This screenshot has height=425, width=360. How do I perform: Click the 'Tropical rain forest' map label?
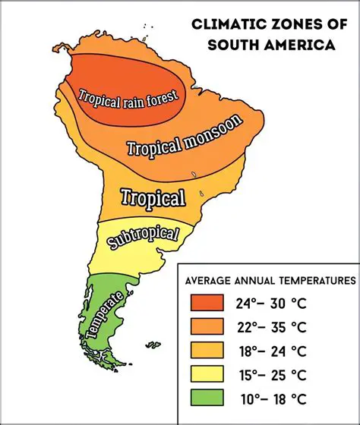pos(129,97)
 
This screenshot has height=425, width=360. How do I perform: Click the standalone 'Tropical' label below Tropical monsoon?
pos(154,199)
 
